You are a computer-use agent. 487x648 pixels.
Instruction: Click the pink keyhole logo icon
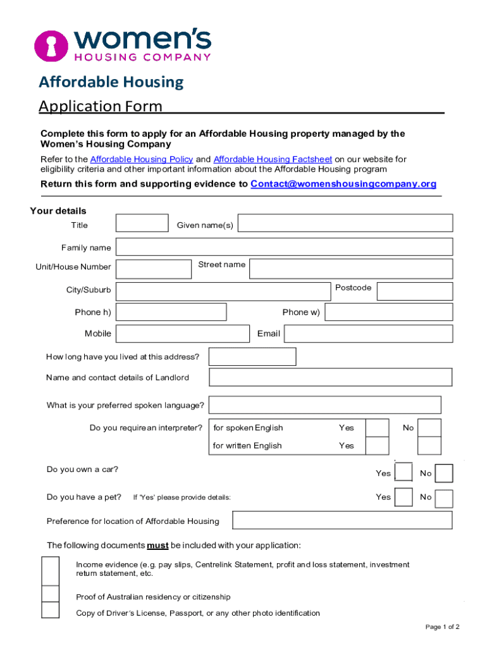[x=50, y=45]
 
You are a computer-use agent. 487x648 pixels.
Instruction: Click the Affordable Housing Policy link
[x=141, y=159]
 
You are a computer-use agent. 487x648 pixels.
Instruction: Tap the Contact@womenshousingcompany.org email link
[x=343, y=184]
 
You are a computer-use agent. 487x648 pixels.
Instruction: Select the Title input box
[x=142, y=223]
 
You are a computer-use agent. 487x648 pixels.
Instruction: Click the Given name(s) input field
[x=345, y=223]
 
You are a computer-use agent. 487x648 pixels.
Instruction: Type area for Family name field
[x=284, y=247]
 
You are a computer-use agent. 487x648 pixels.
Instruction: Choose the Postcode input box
[x=415, y=291]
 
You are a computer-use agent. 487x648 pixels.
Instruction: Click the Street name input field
[x=351, y=268]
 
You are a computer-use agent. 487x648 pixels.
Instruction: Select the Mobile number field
[x=183, y=333]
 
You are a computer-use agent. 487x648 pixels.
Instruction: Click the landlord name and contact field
[x=330, y=377]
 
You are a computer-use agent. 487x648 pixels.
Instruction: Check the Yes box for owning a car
[x=403, y=473]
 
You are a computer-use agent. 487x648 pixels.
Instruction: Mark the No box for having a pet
[x=444, y=499]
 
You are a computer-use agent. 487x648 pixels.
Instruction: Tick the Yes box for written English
[x=378, y=445]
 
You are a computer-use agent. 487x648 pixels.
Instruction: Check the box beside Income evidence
[x=50, y=570]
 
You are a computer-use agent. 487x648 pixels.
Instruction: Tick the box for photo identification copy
[x=50, y=610]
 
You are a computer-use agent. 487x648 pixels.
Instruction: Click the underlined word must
[x=157, y=545]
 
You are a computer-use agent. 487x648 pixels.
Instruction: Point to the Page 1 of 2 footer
[x=442, y=627]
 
